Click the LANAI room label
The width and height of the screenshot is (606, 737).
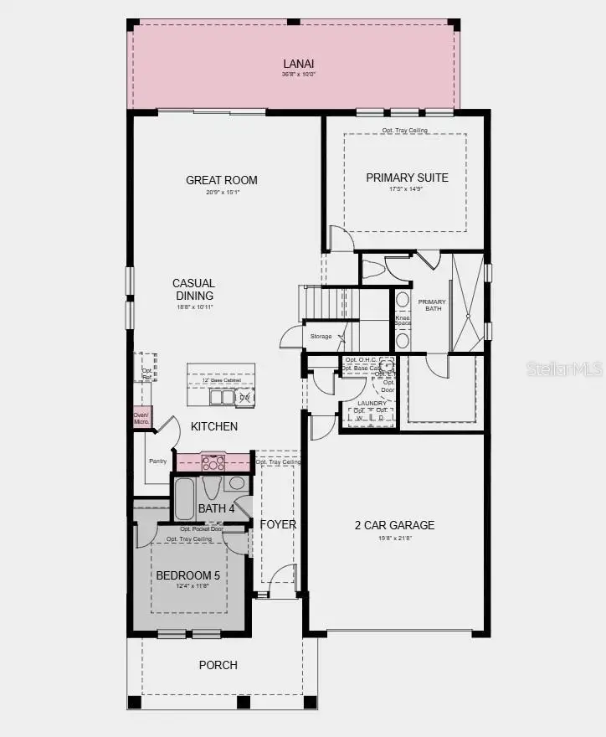tap(298, 64)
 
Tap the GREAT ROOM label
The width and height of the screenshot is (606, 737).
tap(222, 180)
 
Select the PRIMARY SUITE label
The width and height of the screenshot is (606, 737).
tap(407, 178)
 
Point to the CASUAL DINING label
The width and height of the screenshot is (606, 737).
tap(194, 289)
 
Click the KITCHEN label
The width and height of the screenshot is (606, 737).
tap(214, 426)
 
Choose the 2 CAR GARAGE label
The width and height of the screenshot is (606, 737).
tap(394, 525)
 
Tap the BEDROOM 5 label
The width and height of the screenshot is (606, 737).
tap(188, 575)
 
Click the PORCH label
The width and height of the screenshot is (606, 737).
tap(218, 665)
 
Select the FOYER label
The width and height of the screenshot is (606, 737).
tap(278, 524)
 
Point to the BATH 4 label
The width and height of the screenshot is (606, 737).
tap(217, 508)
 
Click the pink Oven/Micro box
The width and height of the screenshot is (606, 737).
tap(141, 418)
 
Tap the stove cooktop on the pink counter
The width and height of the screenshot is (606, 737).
tap(213, 462)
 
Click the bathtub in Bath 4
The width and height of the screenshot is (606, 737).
tap(184, 498)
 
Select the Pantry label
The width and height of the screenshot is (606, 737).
tap(157, 461)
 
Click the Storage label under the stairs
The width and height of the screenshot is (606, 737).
tap(321, 337)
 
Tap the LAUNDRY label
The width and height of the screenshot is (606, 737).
tap(372, 403)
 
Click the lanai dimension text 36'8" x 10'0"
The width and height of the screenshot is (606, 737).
tap(298, 75)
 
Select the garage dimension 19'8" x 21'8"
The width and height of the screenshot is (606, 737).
tap(394, 538)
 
